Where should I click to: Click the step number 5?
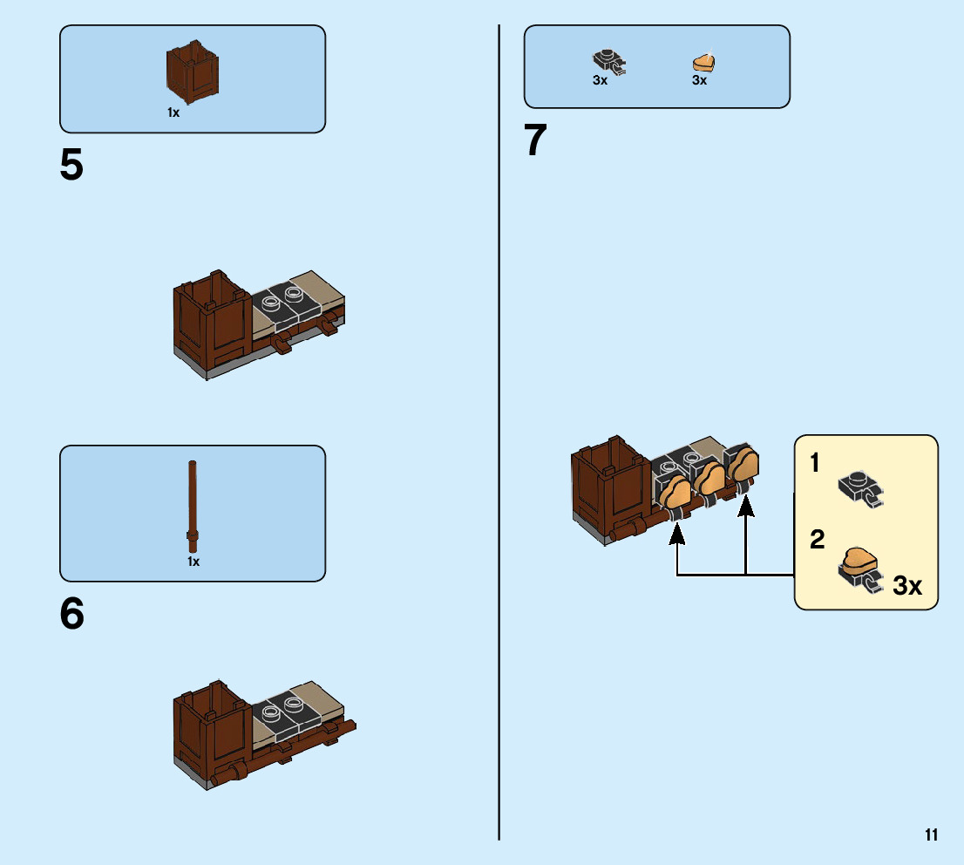(x=71, y=166)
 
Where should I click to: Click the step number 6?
(x=71, y=614)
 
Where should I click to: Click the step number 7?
(x=535, y=141)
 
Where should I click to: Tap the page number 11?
(x=932, y=835)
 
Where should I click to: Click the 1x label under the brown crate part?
(x=173, y=113)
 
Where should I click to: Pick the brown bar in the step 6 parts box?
(x=193, y=501)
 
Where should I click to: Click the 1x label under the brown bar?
(x=193, y=562)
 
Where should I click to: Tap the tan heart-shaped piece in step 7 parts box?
(x=703, y=62)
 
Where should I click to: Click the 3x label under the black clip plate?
(x=600, y=81)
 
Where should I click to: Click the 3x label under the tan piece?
(x=699, y=81)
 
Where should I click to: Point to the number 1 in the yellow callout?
(x=815, y=464)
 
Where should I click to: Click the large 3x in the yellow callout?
(x=907, y=586)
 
